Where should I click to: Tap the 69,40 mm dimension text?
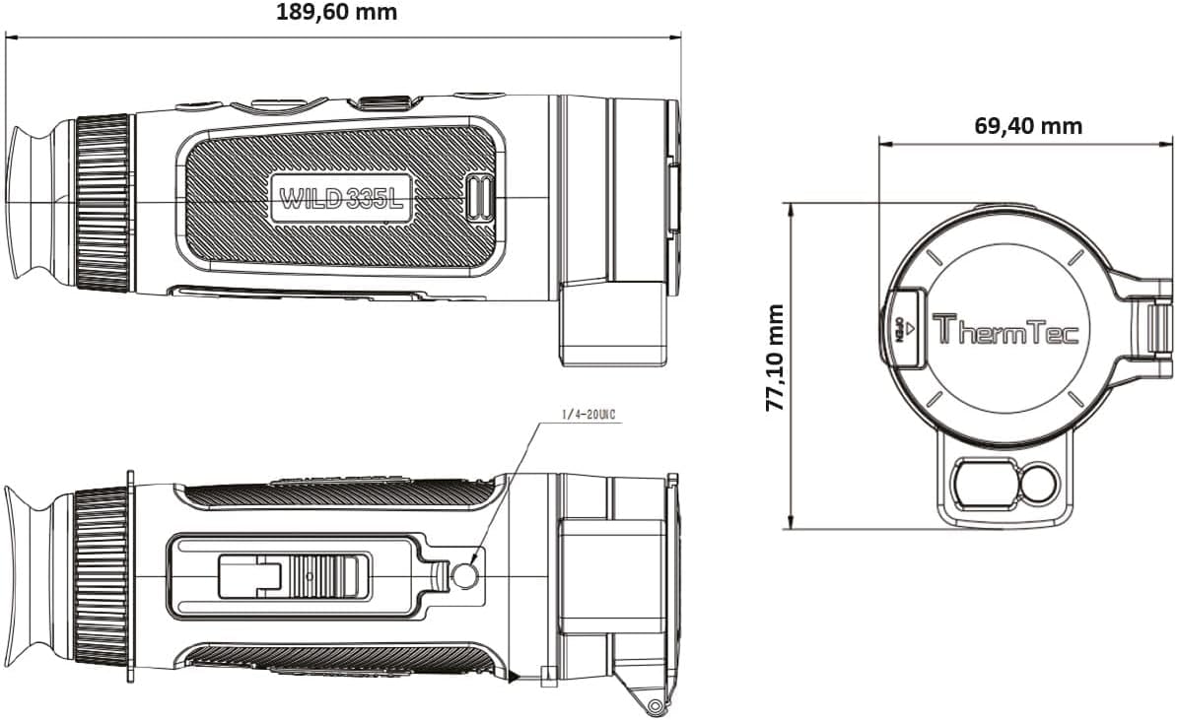[1028, 126]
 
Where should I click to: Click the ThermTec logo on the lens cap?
[1005, 329]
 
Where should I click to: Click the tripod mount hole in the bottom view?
[465, 574]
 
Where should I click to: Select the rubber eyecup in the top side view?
[37, 203]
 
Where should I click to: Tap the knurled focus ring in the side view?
[103, 203]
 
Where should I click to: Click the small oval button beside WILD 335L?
[480, 199]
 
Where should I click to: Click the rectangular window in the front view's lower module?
[977, 485]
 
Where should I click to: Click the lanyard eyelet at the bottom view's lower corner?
[653, 703]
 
